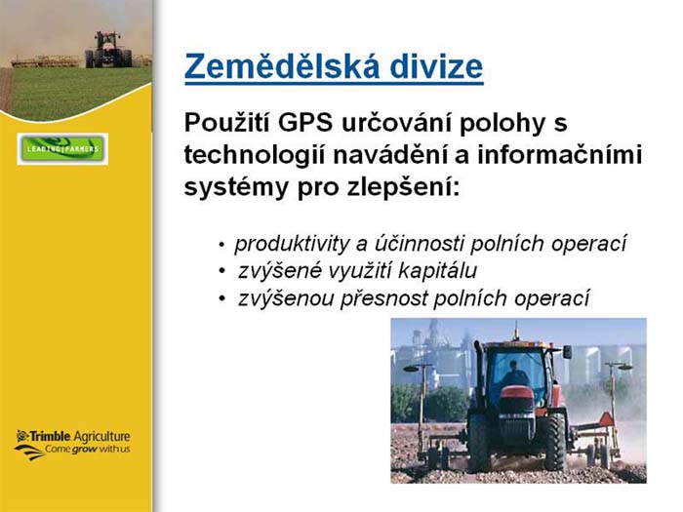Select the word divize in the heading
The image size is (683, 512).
click(436, 66)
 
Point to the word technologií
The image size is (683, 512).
click(255, 155)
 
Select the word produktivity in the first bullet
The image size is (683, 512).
click(292, 244)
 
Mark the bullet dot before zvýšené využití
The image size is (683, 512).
click(222, 272)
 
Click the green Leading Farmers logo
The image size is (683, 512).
click(62, 149)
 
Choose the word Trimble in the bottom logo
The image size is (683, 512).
click(49, 436)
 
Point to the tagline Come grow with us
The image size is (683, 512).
click(87, 449)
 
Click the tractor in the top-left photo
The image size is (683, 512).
click(108, 50)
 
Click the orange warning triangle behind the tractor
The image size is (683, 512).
click(606, 419)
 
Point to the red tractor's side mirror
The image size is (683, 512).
click(567, 352)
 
